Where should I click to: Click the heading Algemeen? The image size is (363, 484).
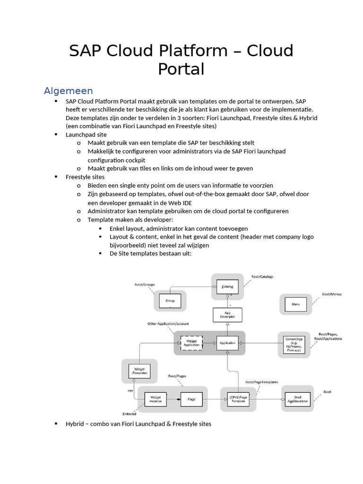click(x=68, y=90)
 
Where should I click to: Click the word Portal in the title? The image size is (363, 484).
click(x=181, y=69)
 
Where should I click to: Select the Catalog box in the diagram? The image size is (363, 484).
click(x=227, y=286)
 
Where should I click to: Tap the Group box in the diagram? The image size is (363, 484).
click(x=170, y=301)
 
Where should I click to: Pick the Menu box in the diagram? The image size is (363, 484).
click(x=295, y=305)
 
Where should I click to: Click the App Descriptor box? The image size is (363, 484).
click(x=227, y=315)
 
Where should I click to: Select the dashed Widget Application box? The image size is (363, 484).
click(x=191, y=343)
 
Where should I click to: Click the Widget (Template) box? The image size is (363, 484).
click(x=139, y=371)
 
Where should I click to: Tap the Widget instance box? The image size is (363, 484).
click(x=156, y=399)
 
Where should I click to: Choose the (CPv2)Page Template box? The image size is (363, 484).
click(x=238, y=399)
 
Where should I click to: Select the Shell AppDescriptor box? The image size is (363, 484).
click(x=297, y=399)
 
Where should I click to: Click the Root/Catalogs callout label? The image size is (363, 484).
click(x=262, y=277)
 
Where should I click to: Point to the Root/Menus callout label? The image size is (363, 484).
click(x=332, y=294)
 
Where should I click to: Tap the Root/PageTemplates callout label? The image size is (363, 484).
click(x=261, y=382)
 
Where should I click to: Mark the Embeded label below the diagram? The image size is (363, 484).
click(x=130, y=413)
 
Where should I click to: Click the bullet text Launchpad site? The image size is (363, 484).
click(x=86, y=135)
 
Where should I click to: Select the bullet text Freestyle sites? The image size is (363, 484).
click(x=85, y=177)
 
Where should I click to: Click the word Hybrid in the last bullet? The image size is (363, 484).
click(x=75, y=424)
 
